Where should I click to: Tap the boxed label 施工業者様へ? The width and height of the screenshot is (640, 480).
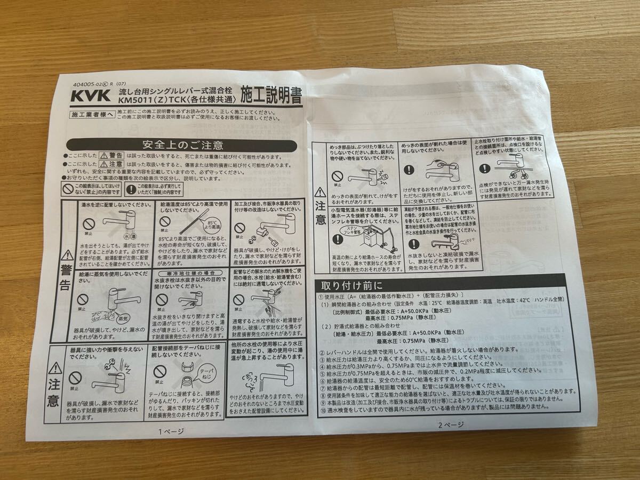coord(92,114)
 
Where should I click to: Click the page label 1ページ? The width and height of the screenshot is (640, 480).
coord(171,431)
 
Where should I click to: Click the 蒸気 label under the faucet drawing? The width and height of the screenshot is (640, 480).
coord(124,318)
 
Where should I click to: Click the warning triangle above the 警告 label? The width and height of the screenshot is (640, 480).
coord(67,255)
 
